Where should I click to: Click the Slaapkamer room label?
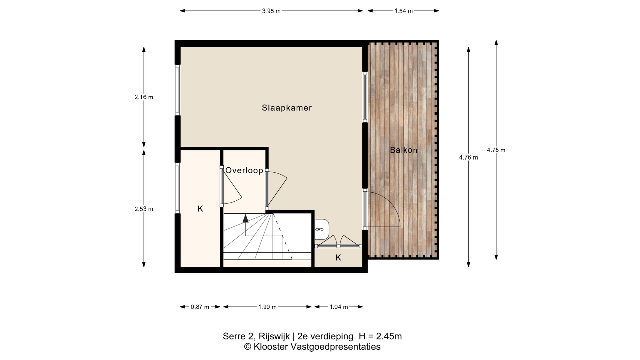[x=287, y=108]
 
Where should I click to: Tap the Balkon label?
[x=404, y=150]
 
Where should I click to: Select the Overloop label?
[x=244, y=170]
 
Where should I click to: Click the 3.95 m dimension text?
[x=271, y=11]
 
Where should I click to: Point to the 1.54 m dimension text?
[x=404, y=11]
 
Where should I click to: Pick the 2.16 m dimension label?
[x=144, y=97]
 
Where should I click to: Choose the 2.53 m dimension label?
[x=144, y=209]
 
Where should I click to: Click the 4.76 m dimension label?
[x=468, y=157]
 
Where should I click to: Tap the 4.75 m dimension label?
[x=496, y=150]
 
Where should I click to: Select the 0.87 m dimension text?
[x=200, y=307]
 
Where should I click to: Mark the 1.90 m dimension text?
[x=267, y=307]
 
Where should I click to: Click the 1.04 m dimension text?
[x=339, y=307]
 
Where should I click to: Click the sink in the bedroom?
[x=322, y=229]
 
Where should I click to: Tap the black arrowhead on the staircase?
[x=246, y=219]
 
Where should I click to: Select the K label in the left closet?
[x=200, y=209]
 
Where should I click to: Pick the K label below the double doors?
[x=338, y=257]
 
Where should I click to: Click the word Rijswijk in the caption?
[x=274, y=337]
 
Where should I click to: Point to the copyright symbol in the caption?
[x=248, y=347]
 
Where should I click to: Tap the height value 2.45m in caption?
[x=389, y=336]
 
